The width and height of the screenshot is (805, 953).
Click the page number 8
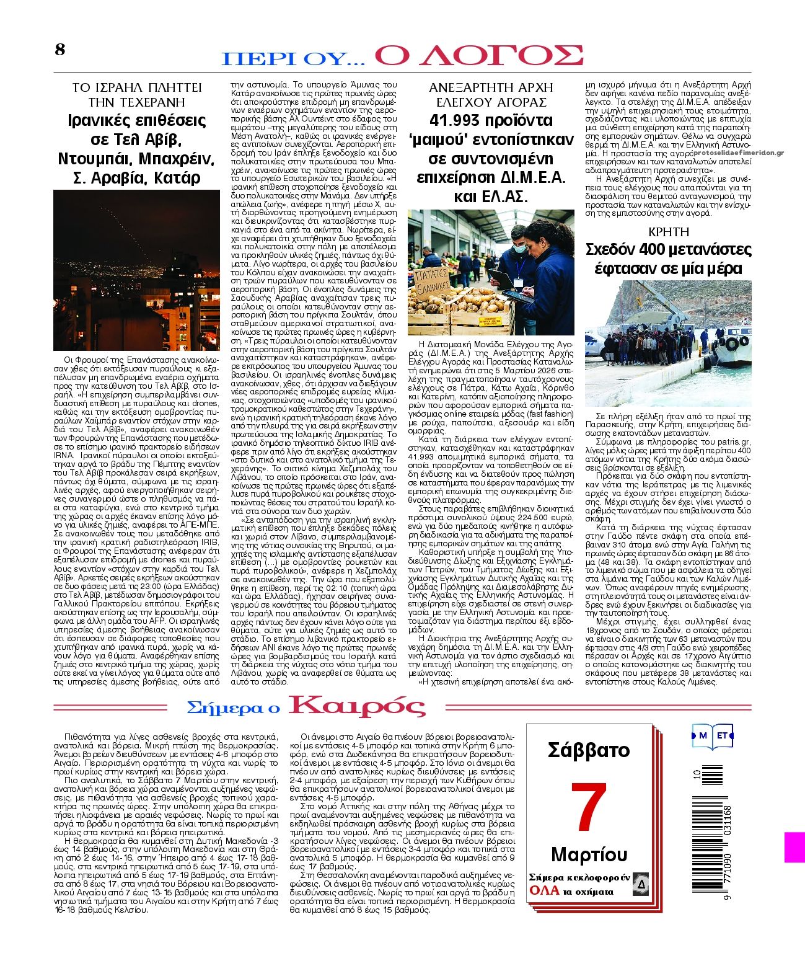point(60,50)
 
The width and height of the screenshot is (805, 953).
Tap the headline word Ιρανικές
point(101,120)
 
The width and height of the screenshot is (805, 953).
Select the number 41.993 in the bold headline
point(457,120)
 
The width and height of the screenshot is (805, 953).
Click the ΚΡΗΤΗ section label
point(668,232)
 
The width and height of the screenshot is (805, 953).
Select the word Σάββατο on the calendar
point(588,750)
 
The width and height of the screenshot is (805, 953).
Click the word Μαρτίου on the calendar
point(589,854)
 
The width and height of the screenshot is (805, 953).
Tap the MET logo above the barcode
point(712,736)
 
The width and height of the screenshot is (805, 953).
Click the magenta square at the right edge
point(794,847)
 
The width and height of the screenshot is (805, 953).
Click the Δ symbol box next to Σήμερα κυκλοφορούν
point(641,884)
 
